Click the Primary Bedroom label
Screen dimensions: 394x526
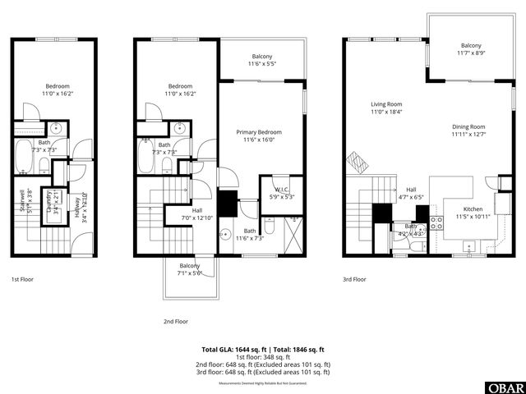coord(259,136)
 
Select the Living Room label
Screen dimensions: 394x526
coord(386,108)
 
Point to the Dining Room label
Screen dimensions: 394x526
coord(468,131)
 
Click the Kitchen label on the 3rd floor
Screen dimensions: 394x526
coord(473,213)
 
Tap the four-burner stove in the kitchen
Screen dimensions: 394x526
coord(436,222)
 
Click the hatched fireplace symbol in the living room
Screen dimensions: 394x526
coord(354,158)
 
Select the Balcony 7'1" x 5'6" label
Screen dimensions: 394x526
coord(190,269)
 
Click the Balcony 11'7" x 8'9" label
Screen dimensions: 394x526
coord(471,49)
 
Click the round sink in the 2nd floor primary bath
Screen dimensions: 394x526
coord(224,232)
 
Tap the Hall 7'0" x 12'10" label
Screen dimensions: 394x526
coord(197,213)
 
